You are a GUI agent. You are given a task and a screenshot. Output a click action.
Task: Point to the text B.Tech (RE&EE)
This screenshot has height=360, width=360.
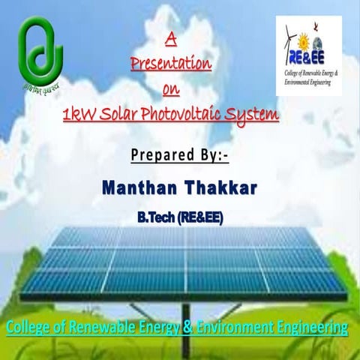pos(179,217)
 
